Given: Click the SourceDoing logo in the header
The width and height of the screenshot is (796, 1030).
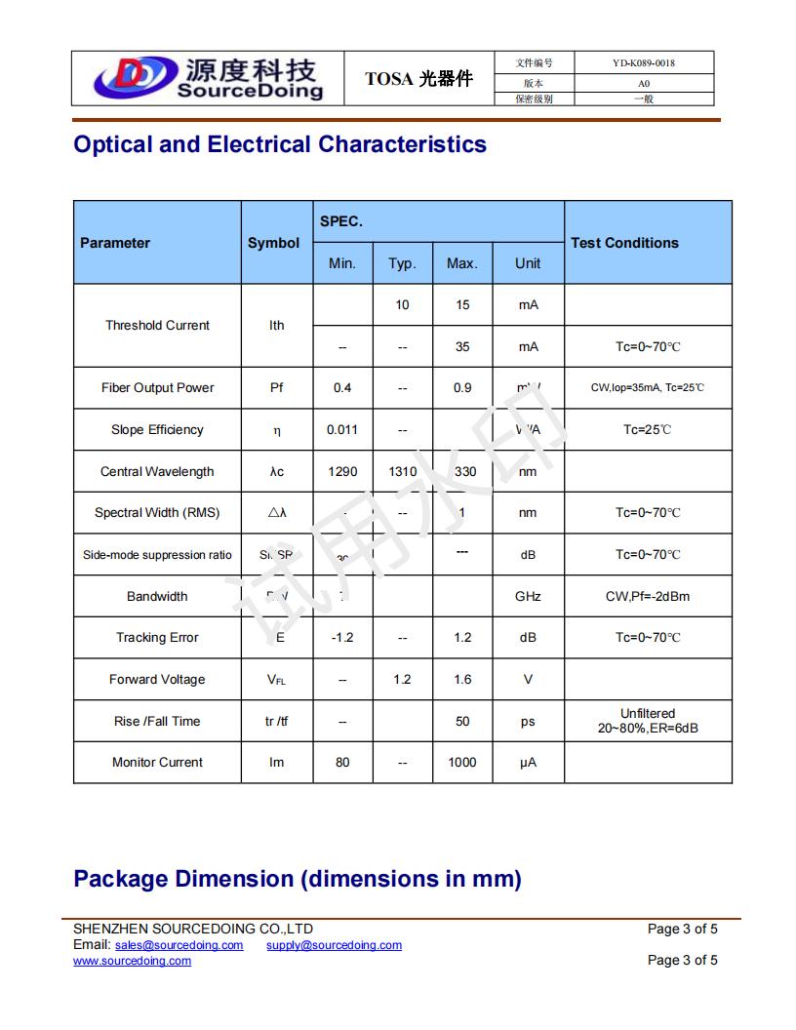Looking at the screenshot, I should [x=207, y=78].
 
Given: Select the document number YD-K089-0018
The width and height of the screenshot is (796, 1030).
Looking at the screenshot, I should [x=643, y=63].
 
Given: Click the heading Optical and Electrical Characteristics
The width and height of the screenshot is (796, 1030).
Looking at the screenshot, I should [x=280, y=144].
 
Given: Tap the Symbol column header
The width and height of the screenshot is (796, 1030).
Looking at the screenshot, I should [x=273, y=243].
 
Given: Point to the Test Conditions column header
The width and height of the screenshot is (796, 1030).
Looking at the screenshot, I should [x=624, y=243].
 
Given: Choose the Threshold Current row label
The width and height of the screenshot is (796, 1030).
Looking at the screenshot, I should [x=157, y=326].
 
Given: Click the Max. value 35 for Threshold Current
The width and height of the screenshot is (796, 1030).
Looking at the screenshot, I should [x=462, y=346].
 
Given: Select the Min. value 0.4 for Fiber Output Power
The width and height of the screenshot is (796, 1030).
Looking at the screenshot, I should [x=342, y=388].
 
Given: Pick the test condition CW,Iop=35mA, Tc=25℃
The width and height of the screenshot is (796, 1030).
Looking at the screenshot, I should [x=648, y=388].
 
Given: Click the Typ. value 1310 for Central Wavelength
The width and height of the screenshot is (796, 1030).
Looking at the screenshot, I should [x=402, y=472].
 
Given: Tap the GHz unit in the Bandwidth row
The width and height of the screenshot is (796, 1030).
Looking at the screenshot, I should [x=528, y=597].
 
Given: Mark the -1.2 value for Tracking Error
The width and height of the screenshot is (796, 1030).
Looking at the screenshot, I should [x=342, y=638].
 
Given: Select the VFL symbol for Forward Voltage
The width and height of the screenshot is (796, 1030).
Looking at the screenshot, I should [x=277, y=680].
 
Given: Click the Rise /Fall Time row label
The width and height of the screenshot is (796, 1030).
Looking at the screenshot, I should [x=157, y=722].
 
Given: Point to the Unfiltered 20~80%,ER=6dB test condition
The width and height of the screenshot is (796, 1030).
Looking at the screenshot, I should [x=648, y=722].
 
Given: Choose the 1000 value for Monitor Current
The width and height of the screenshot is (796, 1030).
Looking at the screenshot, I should [x=462, y=763].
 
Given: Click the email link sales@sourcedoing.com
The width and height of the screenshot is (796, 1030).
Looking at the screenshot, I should [x=179, y=945].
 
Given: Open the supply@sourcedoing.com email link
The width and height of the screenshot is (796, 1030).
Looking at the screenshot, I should [x=334, y=945].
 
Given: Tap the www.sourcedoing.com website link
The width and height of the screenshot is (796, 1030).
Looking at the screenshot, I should [x=132, y=961].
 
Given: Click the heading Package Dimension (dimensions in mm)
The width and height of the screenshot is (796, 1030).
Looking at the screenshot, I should [x=298, y=879].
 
